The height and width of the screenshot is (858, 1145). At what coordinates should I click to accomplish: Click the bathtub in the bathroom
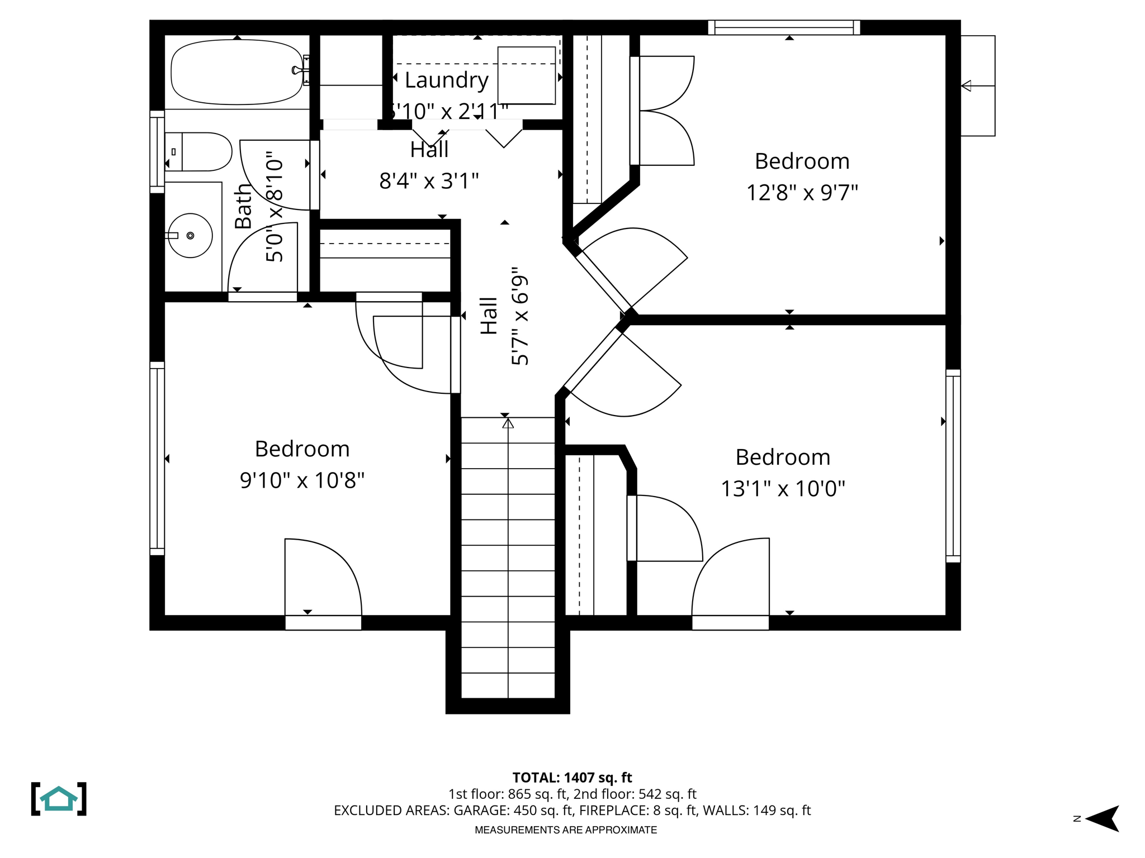[x=236, y=71]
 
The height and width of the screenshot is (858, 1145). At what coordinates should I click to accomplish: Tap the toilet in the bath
[x=201, y=151]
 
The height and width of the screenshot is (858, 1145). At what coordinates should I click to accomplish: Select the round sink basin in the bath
[x=190, y=236]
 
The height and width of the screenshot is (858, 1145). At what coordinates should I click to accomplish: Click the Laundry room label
[x=446, y=80]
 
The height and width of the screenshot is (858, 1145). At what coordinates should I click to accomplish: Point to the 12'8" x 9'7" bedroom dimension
[x=802, y=193]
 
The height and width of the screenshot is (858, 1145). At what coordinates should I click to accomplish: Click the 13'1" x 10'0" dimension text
[x=782, y=489]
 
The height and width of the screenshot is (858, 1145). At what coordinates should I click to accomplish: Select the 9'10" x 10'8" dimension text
[x=302, y=480]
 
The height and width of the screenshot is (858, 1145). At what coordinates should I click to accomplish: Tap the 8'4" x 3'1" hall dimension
[x=429, y=181]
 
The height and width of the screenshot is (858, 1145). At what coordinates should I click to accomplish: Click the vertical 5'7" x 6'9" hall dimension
[x=520, y=316]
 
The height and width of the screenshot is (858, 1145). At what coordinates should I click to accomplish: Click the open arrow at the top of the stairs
[x=508, y=424]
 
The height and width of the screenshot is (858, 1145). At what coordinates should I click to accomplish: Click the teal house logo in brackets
[x=59, y=799]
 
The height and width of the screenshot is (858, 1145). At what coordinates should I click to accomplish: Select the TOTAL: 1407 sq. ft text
[x=572, y=778]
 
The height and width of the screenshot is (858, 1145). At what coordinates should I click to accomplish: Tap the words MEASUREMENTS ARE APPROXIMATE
[x=566, y=830]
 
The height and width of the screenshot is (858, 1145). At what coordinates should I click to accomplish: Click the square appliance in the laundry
[x=526, y=75]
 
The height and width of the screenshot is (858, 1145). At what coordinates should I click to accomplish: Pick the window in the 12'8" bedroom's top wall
[x=784, y=27]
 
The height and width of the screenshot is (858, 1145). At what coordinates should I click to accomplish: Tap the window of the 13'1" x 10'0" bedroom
[x=953, y=466]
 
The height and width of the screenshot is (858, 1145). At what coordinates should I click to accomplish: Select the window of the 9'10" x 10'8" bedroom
[x=157, y=458]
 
